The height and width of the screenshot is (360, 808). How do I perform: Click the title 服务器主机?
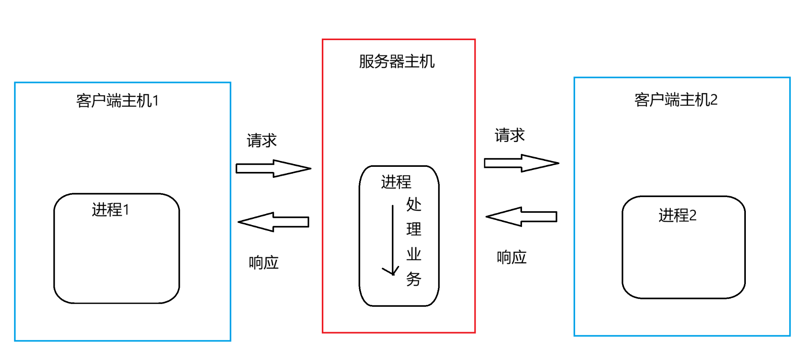397,62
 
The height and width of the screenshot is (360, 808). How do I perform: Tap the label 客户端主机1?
117,101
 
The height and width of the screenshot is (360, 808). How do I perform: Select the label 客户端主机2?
675,100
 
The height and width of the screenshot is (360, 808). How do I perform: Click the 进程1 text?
111,210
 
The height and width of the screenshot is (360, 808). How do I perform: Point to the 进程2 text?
677,215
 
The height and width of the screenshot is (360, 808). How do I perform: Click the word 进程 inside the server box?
396,182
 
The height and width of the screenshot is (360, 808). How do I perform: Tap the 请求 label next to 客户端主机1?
262,140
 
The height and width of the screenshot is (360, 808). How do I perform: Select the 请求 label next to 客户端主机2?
509,135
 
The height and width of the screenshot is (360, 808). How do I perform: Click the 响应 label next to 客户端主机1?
264,262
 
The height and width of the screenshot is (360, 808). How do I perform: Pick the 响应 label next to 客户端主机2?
511,257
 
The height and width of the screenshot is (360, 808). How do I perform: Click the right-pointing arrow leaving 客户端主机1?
273,168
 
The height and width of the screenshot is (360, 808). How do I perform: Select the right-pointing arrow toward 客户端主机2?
521,163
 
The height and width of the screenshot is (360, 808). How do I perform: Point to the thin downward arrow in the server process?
392,240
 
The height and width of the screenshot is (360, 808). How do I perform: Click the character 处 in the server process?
413,205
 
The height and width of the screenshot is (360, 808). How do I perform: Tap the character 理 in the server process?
413,229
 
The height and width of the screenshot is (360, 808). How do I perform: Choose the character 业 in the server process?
413,254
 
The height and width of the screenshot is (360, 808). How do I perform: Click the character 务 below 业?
413,279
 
